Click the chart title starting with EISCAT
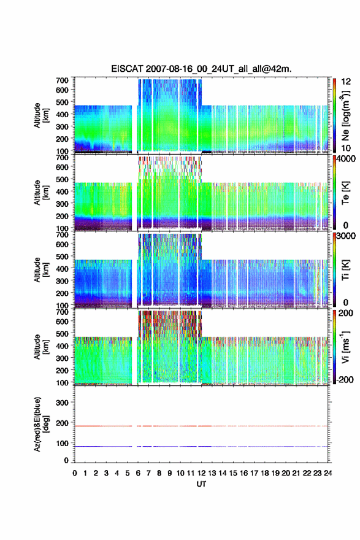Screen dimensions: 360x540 point(201,69)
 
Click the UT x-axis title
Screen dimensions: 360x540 point(201,484)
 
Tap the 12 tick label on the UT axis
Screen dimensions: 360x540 point(201,473)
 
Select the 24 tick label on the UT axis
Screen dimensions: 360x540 point(327,473)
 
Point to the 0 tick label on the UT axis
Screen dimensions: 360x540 point(75,473)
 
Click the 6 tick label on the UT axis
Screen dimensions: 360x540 point(138,473)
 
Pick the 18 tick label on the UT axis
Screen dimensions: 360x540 point(265,473)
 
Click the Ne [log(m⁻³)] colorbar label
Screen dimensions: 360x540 point(346,115)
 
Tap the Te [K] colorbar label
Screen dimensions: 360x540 point(345,193)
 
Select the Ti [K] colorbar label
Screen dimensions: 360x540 point(345,269)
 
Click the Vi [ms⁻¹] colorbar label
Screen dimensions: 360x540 point(345,347)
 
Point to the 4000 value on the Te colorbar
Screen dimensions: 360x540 point(346,160)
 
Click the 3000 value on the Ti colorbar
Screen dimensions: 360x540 point(346,237)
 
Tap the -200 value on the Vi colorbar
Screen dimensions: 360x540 point(345,379)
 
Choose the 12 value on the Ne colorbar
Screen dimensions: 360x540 point(346,82)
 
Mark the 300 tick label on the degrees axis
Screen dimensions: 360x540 point(63,403)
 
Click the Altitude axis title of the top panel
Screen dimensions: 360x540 point(40,115)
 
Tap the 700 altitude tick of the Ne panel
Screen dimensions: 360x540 point(63,80)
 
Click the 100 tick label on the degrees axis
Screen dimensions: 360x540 point(63,443)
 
